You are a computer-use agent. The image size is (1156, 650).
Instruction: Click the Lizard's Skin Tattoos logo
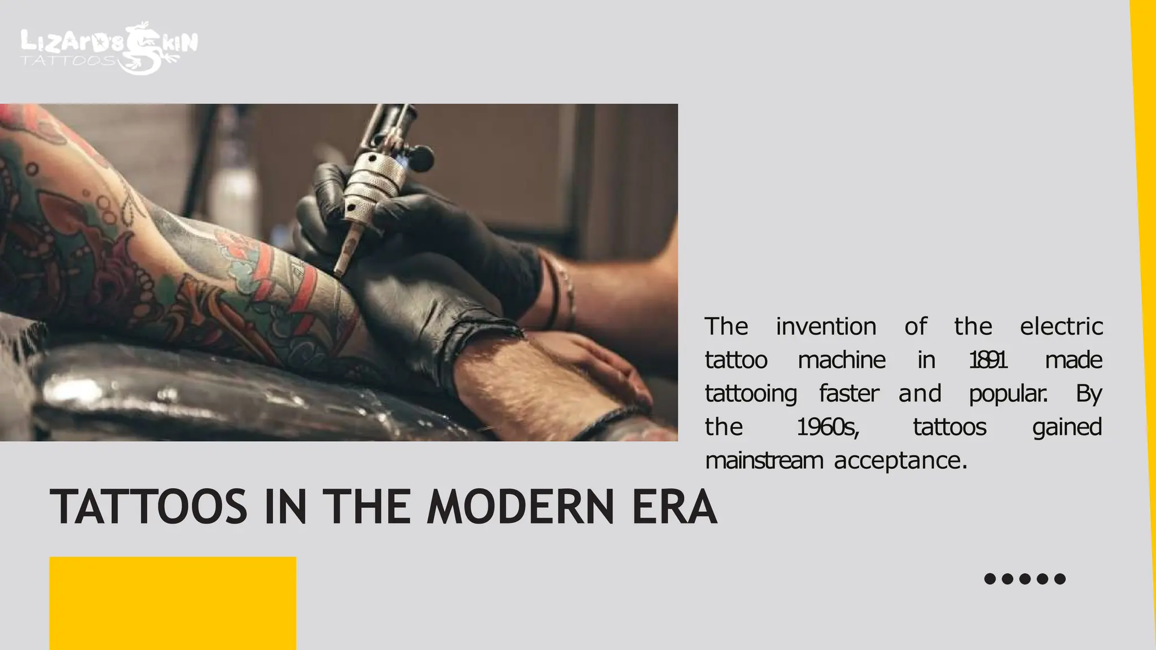[109, 48]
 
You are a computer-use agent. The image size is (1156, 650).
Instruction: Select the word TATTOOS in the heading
[148, 507]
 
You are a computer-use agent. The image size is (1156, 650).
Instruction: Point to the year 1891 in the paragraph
[988, 360]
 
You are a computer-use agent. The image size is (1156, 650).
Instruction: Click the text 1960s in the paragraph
[827, 427]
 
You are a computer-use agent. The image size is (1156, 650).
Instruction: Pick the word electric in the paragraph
[1061, 327]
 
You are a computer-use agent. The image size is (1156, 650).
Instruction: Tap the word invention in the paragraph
[826, 327]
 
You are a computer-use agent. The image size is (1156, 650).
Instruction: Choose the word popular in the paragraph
[1008, 394]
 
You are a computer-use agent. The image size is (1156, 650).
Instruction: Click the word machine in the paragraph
[842, 360]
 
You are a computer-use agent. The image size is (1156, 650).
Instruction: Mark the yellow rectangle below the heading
[173, 603]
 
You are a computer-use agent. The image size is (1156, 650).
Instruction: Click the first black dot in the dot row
[989, 579]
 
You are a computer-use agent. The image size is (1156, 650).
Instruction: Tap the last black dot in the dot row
[1060, 579]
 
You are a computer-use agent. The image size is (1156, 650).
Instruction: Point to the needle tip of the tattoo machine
[338, 273]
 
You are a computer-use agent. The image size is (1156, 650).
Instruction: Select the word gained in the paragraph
[1067, 427]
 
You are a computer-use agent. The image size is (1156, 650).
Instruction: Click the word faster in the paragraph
[849, 394]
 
